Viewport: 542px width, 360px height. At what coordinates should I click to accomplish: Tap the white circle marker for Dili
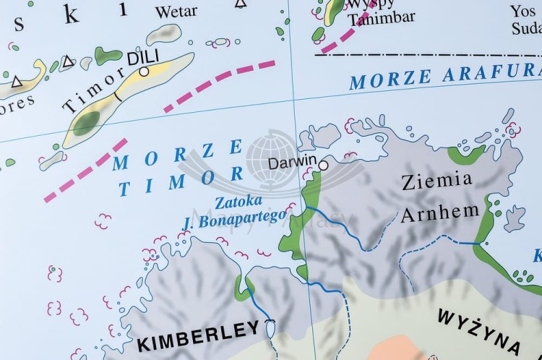point(145,72)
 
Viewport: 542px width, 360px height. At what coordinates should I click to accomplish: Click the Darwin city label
point(292,163)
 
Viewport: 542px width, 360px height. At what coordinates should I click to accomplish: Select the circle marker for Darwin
point(323,166)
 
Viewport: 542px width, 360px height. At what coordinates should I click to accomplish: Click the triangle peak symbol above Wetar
point(239,4)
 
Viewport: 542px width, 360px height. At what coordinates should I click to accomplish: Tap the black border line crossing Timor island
point(117,95)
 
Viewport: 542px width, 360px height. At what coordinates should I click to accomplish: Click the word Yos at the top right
point(523,11)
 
